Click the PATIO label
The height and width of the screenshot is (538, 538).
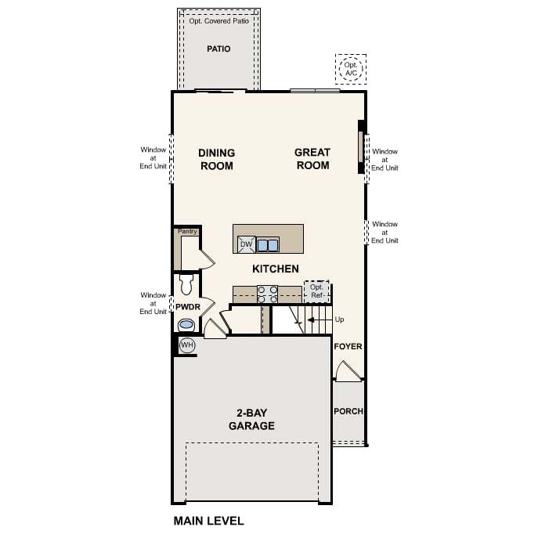point(218,49)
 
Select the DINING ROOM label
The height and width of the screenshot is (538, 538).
point(217,159)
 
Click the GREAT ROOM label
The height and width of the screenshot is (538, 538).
point(312,158)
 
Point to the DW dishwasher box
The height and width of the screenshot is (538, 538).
point(246,245)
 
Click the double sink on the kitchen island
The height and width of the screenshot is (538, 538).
point(268,245)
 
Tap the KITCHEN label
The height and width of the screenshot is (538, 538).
point(275,269)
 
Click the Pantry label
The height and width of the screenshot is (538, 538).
point(187,232)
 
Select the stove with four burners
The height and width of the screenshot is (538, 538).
point(267,294)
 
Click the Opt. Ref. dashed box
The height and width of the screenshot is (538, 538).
point(317,291)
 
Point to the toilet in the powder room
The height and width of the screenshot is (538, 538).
point(186,283)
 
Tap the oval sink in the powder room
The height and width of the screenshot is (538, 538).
point(187,324)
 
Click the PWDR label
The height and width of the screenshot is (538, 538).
point(186,307)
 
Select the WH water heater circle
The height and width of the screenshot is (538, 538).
point(186,345)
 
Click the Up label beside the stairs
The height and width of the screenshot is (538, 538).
point(338,320)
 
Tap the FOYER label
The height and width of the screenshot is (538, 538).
point(348,346)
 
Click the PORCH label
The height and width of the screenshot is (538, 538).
point(348,411)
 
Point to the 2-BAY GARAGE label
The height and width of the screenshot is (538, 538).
point(251,420)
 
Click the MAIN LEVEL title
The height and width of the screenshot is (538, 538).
point(208,520)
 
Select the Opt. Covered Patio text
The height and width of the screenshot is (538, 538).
point(218,21)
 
